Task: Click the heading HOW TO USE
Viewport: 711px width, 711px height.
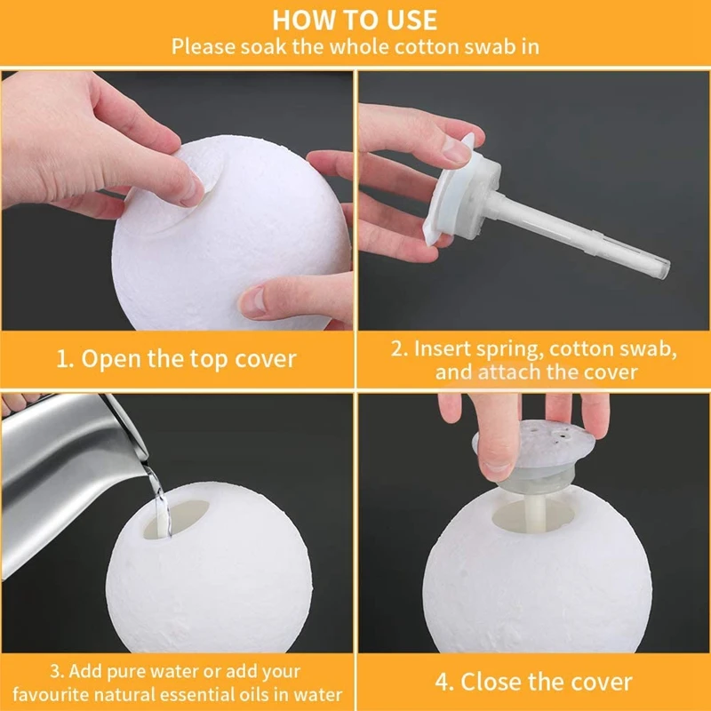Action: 355,20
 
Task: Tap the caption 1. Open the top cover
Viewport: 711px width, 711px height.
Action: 177,359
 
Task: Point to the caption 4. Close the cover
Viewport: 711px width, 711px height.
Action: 533,683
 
